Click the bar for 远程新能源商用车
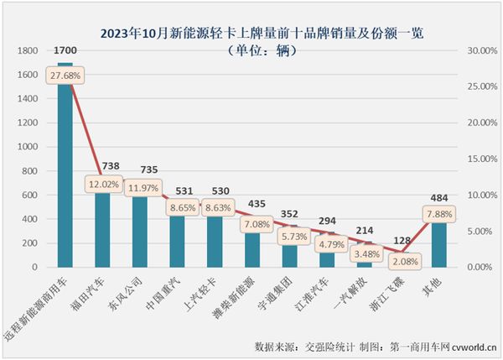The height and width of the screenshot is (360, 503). point(65,168)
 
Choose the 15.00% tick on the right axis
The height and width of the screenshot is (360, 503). point(469,159)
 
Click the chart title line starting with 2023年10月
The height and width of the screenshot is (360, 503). point(251,34)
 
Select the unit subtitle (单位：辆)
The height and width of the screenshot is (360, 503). point(251,50)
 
